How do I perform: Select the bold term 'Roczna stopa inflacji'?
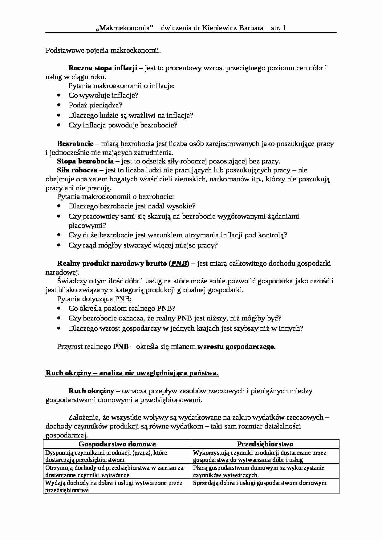[x=103, y=68]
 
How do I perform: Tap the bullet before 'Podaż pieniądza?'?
[x=59, y=105]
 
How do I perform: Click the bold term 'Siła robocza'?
[x=77, y=170]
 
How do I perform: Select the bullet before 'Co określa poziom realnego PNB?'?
[x=59, y=308]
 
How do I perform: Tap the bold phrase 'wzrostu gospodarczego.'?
[x=236, y=347]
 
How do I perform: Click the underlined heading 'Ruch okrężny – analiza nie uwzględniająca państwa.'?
[x=132, y=373]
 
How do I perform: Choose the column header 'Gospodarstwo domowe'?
[x=117, y=444]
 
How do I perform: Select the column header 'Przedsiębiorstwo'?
[x=265, y=444]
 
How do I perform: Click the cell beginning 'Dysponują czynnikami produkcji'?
[x=117, y=456]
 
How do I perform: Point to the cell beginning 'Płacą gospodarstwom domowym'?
[x=265, y=471]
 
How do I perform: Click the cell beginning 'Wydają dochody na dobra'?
[x=117, y=486]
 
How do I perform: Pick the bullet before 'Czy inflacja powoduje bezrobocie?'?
[x=59, y=125]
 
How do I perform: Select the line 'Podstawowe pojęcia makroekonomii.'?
[x=103, y=50]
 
